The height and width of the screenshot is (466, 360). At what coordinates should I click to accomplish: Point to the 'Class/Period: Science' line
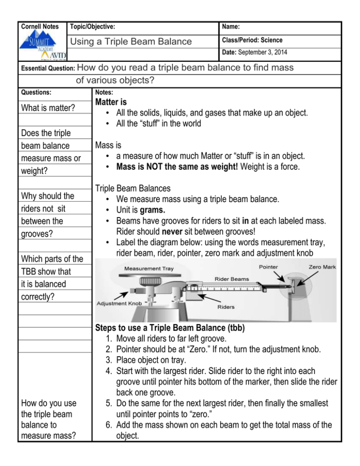253,40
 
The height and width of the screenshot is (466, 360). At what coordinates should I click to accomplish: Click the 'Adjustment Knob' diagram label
118,303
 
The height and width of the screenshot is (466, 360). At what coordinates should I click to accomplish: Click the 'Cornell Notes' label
40,27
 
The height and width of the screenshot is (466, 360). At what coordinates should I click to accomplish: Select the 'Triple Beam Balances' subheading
133,188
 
